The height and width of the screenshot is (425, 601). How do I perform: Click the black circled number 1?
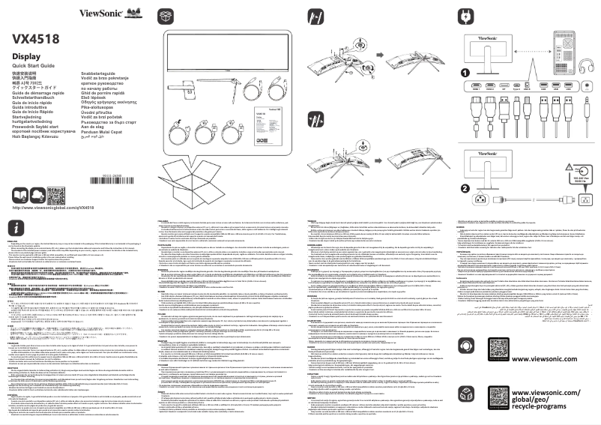(465, 73)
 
